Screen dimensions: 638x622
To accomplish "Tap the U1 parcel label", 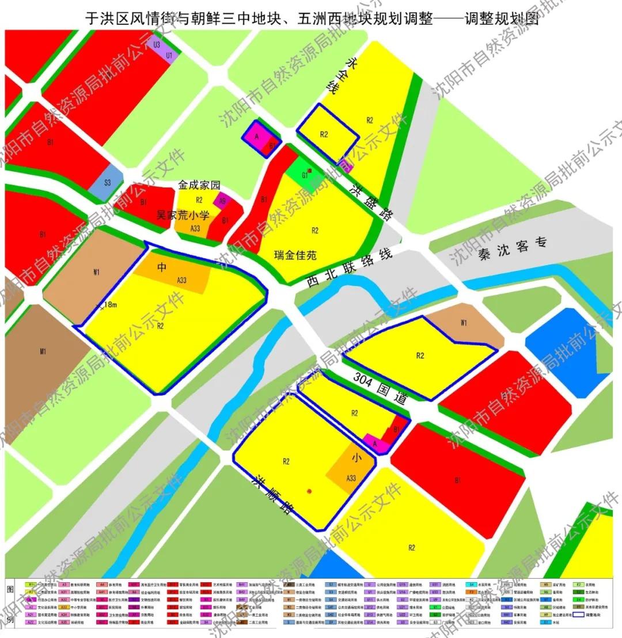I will [x=169, y=55].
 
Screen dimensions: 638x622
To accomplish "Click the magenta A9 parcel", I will [x=222, y=200].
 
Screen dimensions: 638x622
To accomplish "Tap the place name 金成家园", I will [x=199, y=186].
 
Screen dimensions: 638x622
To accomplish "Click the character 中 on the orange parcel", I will [x=162, y=267].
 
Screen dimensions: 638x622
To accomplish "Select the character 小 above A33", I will [x=357, y=459].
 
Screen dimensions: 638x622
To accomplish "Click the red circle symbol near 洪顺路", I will [x=309, y=491].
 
